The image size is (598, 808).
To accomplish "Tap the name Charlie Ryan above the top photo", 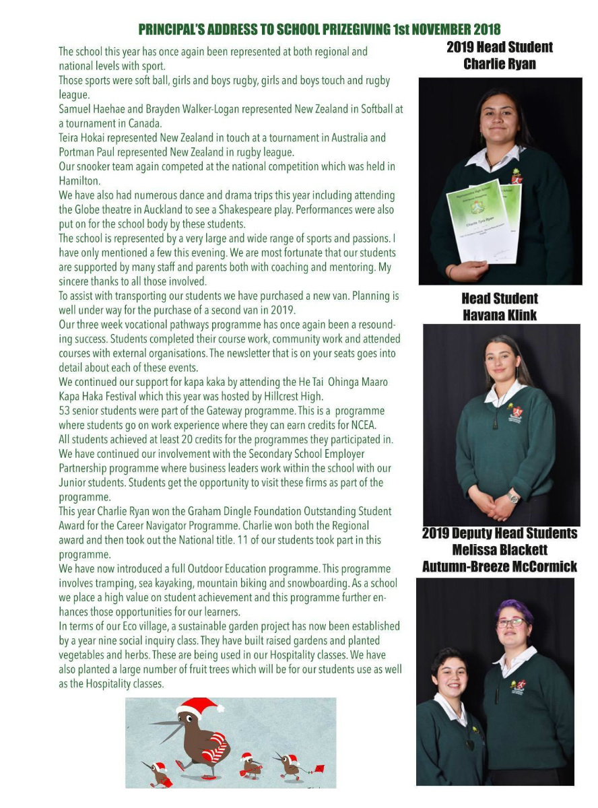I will coord(498,64).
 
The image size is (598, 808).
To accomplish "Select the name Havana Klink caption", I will coord(499,314).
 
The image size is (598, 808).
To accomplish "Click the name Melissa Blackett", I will coord(500,550).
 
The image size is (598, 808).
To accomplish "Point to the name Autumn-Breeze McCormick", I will coord(499,566).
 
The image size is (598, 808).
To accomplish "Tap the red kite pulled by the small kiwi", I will coord(319,768).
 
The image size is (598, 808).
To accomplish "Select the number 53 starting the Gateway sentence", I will coord(65,411).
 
